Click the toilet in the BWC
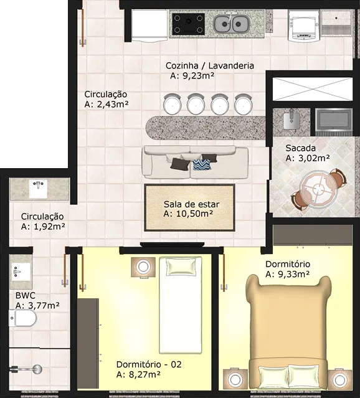(23, 318)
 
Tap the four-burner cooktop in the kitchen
(188, 24)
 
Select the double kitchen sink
(231, 24)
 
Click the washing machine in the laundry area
(304, 26)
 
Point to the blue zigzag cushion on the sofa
(202, 165)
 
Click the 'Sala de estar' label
(191, 204)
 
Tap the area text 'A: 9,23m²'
(192, 75)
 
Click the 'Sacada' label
(301, 148)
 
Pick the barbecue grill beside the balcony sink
(334, 121)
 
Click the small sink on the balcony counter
(292, 120)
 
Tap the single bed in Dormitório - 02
(181, 305)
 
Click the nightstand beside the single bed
(143, 267)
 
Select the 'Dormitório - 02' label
(149, 364)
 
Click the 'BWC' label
(26, 295)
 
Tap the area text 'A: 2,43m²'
(107, 104)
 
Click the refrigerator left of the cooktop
(149, 26)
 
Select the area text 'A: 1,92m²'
(43, 227)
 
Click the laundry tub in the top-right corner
(336, 23)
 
